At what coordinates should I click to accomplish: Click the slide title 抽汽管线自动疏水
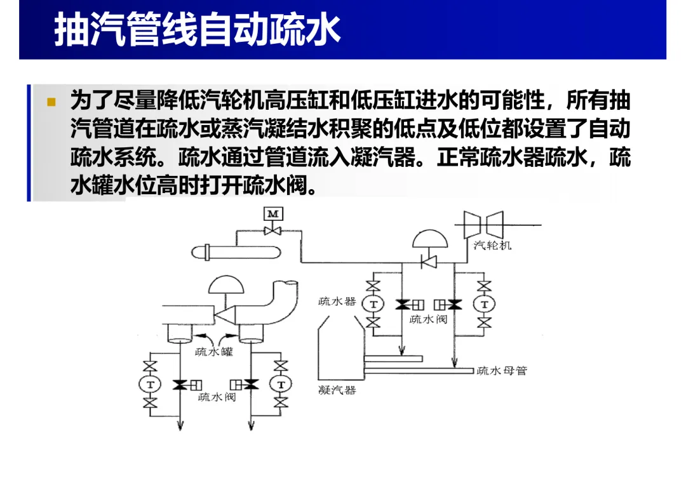pyautogui.click(x=198, y=30)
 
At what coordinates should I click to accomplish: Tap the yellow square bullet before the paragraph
pyautogui.click(x=51, y=102)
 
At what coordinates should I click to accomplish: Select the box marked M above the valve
pyautogui.click(x=273, y=213)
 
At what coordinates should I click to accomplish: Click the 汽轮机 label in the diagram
pyautogui.click(x=493, y=245)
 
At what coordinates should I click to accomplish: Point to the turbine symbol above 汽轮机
pyautogui.click(x=483, y=225)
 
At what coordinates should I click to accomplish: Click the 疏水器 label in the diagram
pyautogui.click(x=337, y=302)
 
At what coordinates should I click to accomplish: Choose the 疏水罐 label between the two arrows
pyautogui.click(x=214, y=352)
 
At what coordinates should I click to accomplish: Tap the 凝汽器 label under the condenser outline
pyautogui.click(x=337, y=390)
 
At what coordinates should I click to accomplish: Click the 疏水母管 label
pyautogui.click(x=502, y=371)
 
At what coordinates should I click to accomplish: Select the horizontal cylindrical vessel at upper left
pyautogui.click(x=236, y=253)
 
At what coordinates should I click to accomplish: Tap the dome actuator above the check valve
pyautogui.click(x=430, y=238)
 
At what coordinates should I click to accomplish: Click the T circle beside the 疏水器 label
pyautogui.click(x=373, y=304)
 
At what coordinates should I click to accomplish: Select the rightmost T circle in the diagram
pyautogui.click(x=484, y=304)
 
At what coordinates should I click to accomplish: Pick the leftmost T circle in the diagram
pyautogui.click(x=150, y=385)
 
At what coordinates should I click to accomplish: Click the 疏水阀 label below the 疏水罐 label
pyautogui.click(x=217, y=397)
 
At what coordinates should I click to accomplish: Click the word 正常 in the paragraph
pyautogui.click(x=458, y=157)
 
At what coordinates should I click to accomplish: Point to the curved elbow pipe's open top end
pyautogui.click(x=286, y=283)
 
